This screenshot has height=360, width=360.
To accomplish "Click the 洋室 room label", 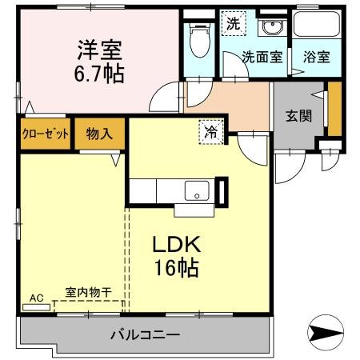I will pos(98,49).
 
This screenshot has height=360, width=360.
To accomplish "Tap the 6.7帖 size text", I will pos(98,73).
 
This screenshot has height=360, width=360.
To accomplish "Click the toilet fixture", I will pos(198,38).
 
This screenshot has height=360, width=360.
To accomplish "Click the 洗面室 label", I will pos(262,57).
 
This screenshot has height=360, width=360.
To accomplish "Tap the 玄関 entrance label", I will pos(298,115).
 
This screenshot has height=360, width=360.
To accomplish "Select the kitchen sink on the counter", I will pos(196,192).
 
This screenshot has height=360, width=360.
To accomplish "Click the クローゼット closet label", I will pos(45,134).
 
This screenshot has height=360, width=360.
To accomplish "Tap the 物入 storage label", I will pos(99,134).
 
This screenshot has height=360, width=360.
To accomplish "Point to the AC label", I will pos(36,298).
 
